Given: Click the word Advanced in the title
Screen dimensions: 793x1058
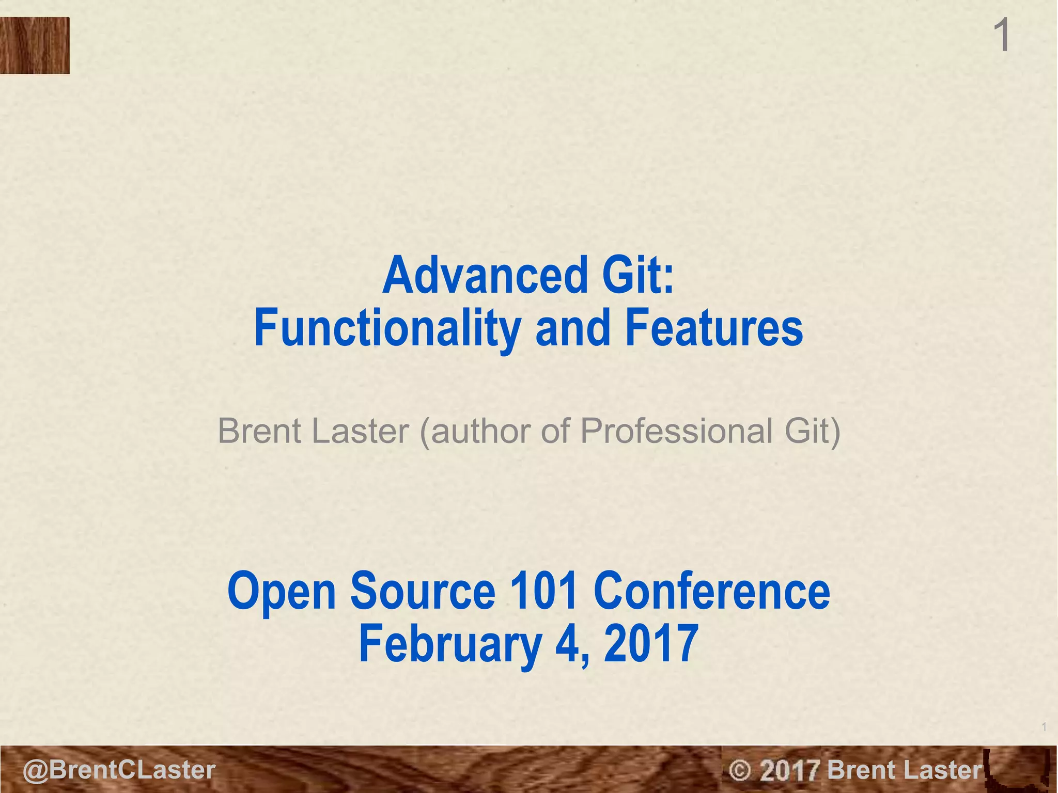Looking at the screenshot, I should (x=484, y=276).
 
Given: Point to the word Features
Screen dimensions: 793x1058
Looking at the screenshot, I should (x=714, y=328).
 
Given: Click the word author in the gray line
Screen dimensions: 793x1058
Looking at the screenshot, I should (x=483, y=431).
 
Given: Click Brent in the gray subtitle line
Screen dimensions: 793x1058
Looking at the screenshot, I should (x=261, y=431).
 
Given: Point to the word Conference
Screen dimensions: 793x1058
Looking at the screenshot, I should (x=711, y=591).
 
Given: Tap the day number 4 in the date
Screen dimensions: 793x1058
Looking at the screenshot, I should (x=570, y=644).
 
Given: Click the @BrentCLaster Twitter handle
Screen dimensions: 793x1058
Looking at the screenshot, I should (x=119, y=770).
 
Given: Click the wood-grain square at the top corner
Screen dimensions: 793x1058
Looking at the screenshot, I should (x=35, y=45).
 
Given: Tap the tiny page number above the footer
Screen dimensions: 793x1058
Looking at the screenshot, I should (x=1044, y=727).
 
